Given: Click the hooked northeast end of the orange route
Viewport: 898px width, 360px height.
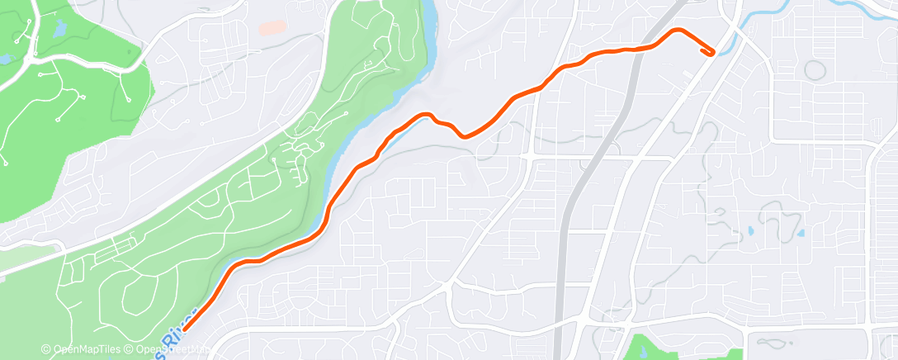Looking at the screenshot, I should [x=709, y=53].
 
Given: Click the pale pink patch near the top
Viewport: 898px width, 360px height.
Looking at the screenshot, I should [x=272, y=27].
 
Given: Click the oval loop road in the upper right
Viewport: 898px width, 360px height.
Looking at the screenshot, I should [x=815, y=69].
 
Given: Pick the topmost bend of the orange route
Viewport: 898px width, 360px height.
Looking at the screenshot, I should [x=678, y=31].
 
